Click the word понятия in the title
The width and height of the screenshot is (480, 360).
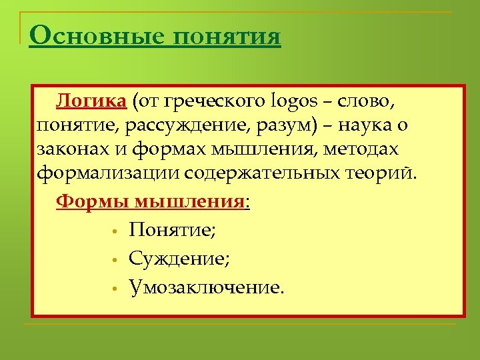(x=227, y=36)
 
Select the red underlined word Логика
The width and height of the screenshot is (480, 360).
(x=91, y=101)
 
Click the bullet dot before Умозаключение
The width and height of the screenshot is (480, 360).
(x=115, y=289)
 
